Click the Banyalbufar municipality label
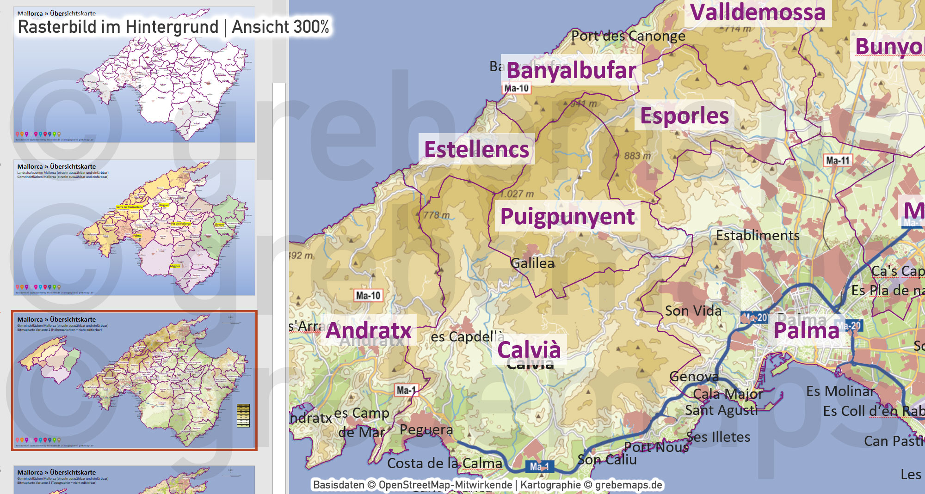[571, 71]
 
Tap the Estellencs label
[476, 150]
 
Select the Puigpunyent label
[567, 216]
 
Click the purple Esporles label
[684, 116]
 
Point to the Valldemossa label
[758, 12]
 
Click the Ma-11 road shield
[838, 160]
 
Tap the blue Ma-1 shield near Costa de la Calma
[539, 466]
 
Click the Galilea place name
[532, 263]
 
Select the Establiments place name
[758, 236]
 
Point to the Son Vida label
[693, 311]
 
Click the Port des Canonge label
[628, 36]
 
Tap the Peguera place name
[426, 430]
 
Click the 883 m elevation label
[637, 156]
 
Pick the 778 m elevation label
[436, 215]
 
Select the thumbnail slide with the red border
[134, 380]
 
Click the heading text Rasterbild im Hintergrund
[118, 27]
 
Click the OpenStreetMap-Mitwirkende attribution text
[445, 485]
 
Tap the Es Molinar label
[840, 391]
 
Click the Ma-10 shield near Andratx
[368, 295]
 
